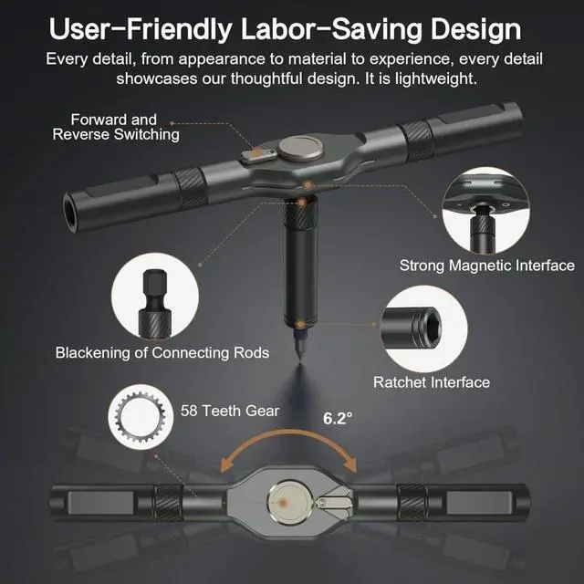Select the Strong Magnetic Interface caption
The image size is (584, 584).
pyautogui.click(x=487, y=266)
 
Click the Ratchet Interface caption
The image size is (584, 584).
pyautogui.click(x=432, y=382)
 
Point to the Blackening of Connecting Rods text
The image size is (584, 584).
pyautogui.click(x=162, y=352)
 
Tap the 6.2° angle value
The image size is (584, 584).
pyautogui.click(x=338, y=420)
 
